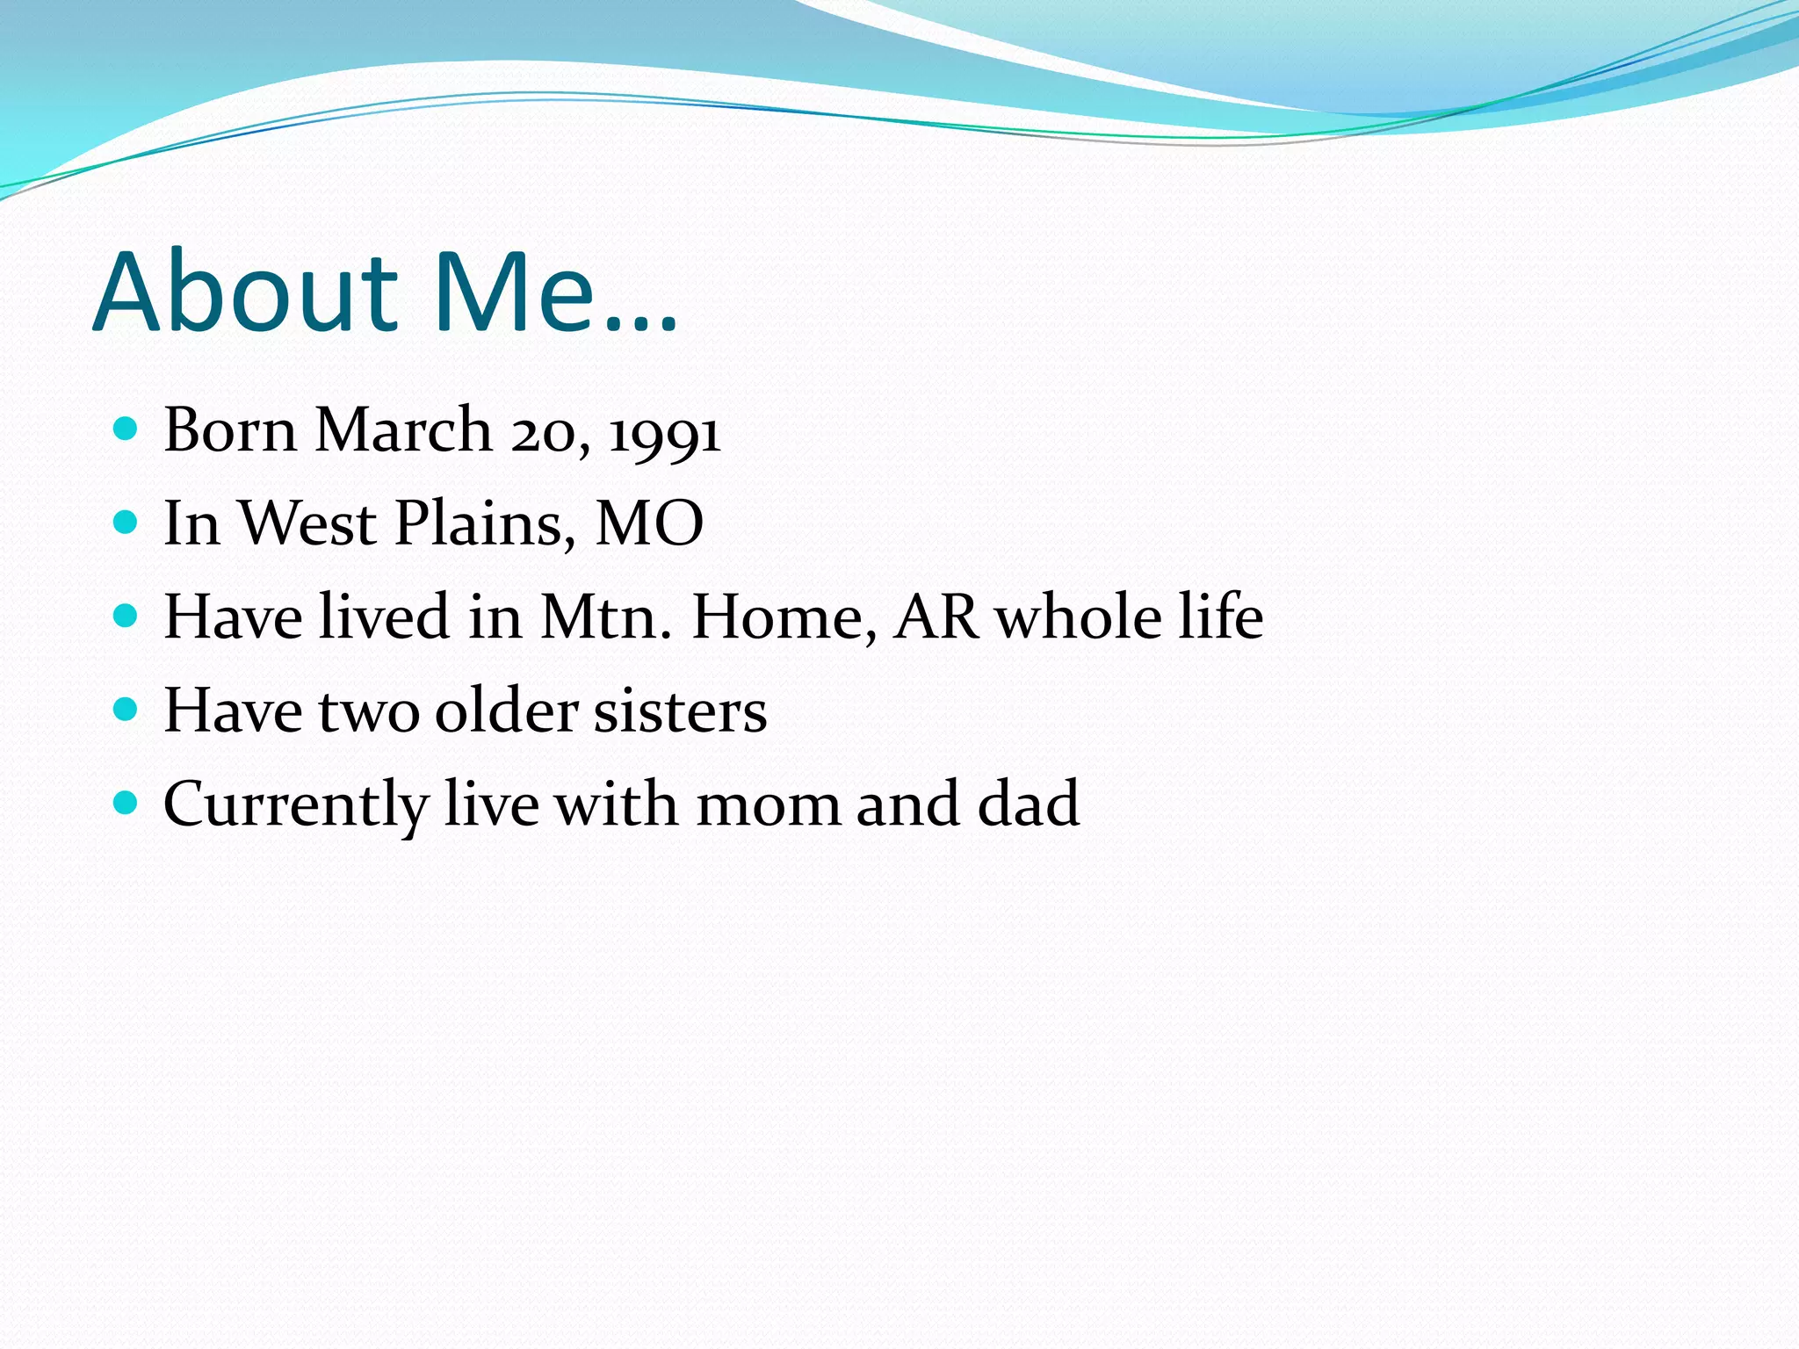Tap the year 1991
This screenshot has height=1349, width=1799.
coord(665,432)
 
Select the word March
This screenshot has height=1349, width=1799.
coord(403,430)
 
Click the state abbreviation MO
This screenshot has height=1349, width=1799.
coord(649,523)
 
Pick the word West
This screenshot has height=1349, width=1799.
coord(307,523)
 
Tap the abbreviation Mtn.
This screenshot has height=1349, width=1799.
coord(605,617)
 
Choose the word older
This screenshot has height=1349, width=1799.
coord(507,711)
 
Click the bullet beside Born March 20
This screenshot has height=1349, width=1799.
coord(126,429)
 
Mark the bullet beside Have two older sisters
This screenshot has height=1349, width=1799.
coord(126,709)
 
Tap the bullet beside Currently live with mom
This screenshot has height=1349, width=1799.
coord(126,802)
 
